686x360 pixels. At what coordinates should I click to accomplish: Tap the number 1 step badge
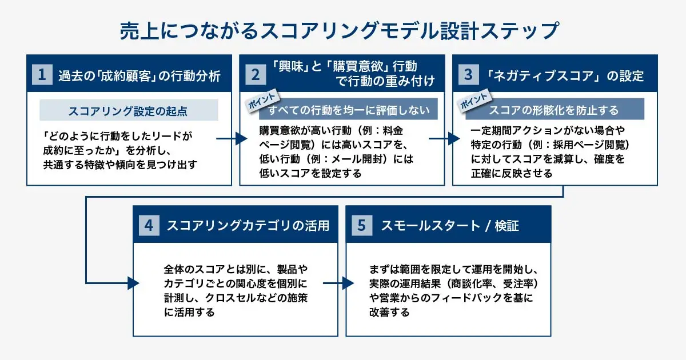coord(42,75)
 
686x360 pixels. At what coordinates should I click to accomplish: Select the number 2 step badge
coord(255,75)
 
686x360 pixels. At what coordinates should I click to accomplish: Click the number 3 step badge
coord(468,75)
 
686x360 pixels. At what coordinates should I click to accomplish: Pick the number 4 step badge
coord(149,225)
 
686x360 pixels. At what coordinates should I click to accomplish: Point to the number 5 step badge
coord(361,225)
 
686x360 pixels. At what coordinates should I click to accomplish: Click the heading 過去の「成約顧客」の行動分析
coord(139,75)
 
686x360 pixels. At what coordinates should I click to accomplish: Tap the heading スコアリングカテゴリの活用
coord(248,226)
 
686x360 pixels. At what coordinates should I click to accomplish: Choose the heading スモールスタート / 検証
coord(450,226)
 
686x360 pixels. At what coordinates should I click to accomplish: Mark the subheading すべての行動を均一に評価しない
coord(349,109)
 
